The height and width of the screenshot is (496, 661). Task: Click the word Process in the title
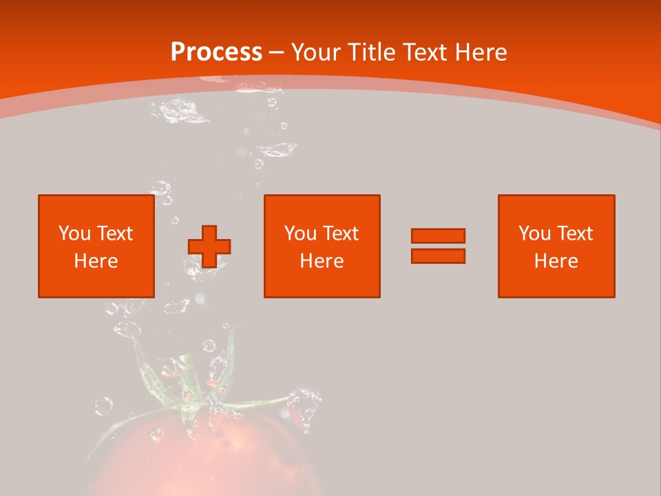point(216,52)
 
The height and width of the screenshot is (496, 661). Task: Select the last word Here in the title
point(481,52)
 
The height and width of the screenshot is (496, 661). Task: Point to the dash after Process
point(276,52)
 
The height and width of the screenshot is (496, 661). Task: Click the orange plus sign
point(209,247)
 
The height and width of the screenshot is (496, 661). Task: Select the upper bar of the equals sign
point(438,236)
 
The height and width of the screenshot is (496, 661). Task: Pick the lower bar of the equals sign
point(438,256)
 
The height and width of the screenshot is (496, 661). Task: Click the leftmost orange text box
point(96,246)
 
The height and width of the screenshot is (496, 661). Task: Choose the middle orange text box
point(322,246)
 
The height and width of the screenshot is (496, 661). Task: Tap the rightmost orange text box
point(556,246)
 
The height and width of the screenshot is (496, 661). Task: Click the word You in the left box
point(74,234)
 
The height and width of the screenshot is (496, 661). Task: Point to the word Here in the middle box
point(322,261)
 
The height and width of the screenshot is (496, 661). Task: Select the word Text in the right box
point(575,234)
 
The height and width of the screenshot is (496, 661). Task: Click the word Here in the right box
point(556,261)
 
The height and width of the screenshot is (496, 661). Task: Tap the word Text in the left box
point(115,234)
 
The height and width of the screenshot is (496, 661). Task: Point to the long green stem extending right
point(262,402)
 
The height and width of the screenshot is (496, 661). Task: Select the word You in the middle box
point(300,234)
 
